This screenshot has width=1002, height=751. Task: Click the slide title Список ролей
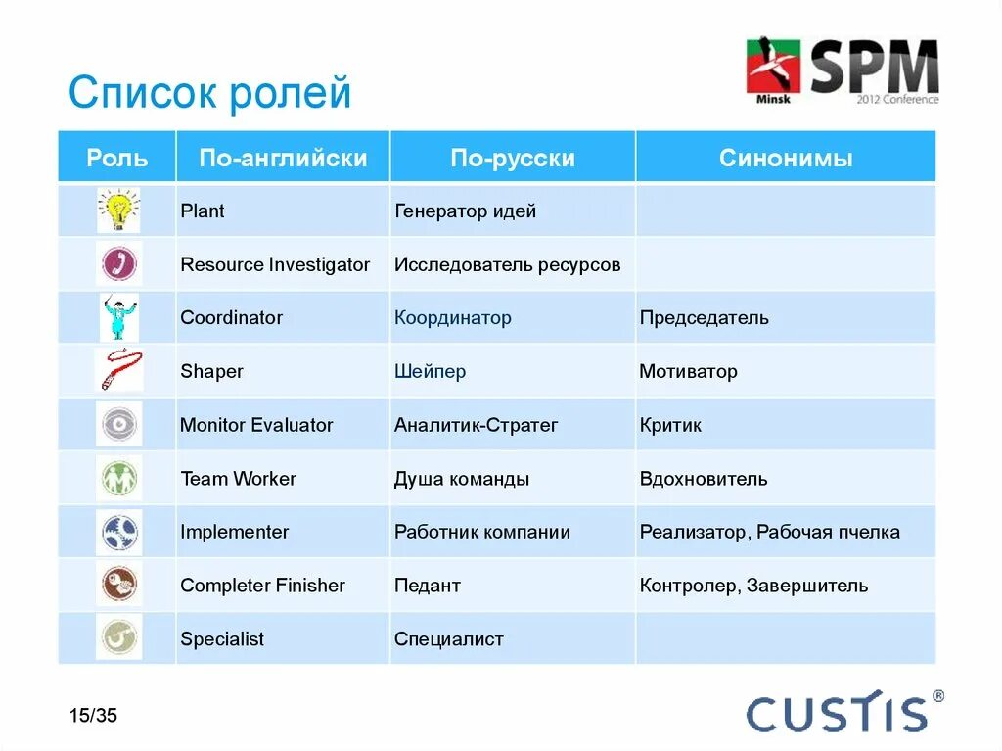pos(209,94)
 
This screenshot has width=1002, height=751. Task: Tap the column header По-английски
pos(283,158)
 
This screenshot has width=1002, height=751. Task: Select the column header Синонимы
pos(786,158)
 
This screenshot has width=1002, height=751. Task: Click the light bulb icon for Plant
pos(118,211)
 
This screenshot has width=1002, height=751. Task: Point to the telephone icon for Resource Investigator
pos(118,264)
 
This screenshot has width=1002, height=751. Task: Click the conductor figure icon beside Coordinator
pos(118,318)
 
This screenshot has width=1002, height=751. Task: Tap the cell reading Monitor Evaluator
pos(256,425)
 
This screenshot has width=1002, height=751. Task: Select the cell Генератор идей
pos(465,211)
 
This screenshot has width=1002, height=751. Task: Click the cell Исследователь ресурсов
pos(507,264)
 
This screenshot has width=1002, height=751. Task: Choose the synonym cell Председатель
pos(704,318)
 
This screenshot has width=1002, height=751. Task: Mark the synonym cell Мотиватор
pos(688,372)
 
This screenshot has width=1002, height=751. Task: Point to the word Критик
pos(670,425)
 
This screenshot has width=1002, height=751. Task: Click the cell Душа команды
pos(462,479)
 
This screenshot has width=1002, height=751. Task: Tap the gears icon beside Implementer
pos(118,533)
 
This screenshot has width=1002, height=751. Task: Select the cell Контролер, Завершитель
pos(753,586)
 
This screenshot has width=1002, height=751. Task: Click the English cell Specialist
pos(222,639)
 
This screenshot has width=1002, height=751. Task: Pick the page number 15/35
pos(93,715)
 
